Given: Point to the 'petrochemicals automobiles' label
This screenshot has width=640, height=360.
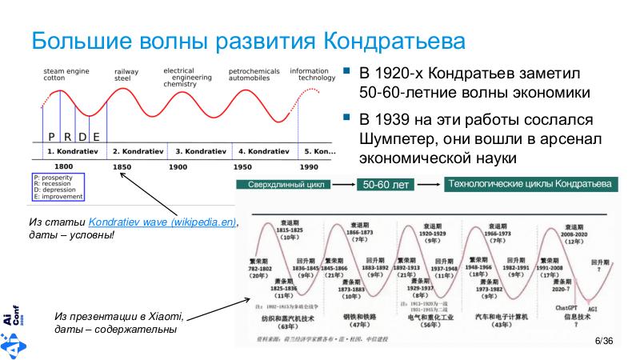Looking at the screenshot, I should click(254, 75).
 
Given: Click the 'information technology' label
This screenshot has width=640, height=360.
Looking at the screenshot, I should click(313, 74).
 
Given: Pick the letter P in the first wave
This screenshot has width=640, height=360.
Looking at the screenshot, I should click(51, 135).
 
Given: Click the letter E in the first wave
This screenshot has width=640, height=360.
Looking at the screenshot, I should click(96, 135).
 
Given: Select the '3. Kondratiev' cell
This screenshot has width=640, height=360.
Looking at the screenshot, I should click(201, 150).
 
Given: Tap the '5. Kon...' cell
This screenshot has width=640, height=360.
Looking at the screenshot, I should click(319, 150).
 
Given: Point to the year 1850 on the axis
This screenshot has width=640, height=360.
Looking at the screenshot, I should click(122, 166).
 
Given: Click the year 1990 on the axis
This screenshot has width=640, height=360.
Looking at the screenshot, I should click(308, 166).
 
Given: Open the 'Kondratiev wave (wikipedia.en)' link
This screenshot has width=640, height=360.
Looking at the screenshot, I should click(164, 222).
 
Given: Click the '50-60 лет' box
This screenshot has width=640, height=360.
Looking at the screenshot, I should click(386, 185).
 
